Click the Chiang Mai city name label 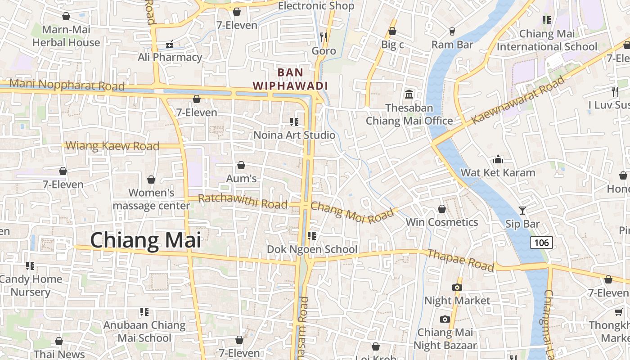tap(146, 241)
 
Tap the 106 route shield tap(541, 243)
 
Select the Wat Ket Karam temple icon tap(498, 160)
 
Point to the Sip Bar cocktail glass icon tap(522, 210)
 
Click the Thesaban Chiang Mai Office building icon tap(409, 94)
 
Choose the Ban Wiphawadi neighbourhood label tap(290, 79)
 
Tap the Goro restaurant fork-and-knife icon tap(324, 36)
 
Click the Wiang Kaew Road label tap(112, 146)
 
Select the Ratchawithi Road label tap(243, 201)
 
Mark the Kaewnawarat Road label tap(517, 101)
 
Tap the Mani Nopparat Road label tap(67, 85)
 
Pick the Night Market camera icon tap(457, 287)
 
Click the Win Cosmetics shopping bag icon tap(442, 209)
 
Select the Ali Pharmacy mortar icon tap(170, 44)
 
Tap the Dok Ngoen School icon tap(311, 235)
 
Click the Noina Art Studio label tap(294, 135)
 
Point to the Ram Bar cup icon tap(452, 31)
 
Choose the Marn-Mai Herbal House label tap(66, 36)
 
